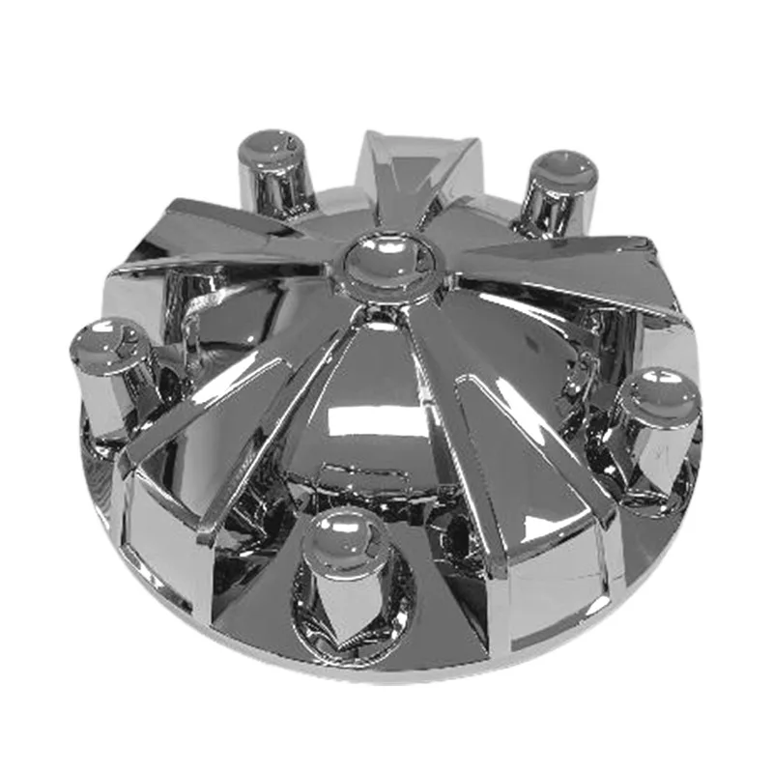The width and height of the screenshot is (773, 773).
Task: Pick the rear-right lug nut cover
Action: (x=558, y=193)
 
